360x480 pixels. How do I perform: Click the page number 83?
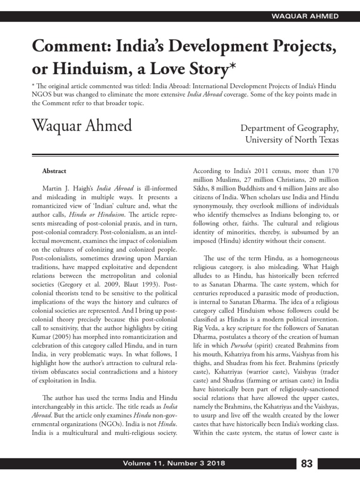click(x=307, y=464)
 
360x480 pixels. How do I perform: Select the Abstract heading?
click(x=54, y=171)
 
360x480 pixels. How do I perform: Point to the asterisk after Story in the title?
click(x=230, y=67)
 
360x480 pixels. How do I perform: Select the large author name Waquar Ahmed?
click(x=82, y=126)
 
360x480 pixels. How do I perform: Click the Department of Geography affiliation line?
click(x=289, y=128)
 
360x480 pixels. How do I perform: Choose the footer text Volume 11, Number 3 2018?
click(x=174, y=464)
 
